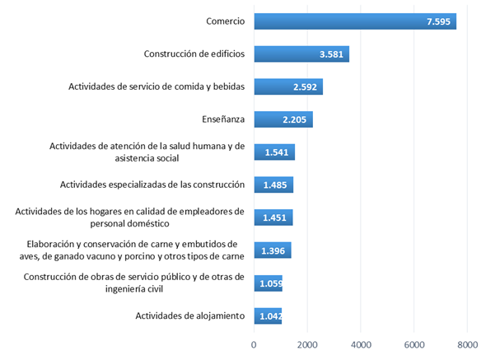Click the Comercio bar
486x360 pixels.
[355, 21]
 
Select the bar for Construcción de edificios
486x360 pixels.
[301, 54]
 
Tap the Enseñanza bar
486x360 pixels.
[283, 119]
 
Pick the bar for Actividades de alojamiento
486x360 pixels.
[268, 316]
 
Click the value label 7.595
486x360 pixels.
[438, 21]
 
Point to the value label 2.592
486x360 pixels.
[305, 87]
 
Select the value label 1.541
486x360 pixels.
[277, 152]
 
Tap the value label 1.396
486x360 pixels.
[273, 250]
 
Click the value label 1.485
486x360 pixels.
[275, 185]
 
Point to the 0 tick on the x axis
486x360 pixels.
[254, 345]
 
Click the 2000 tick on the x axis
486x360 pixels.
[307, 345]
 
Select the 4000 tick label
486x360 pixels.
[361, 345]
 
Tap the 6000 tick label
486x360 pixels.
[414, 345]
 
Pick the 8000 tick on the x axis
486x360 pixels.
[467, 345]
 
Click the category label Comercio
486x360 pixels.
[226, 21]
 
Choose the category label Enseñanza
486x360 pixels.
[223, 119]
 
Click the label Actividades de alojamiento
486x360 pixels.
[190, 316]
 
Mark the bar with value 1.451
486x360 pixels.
[273, 217]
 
